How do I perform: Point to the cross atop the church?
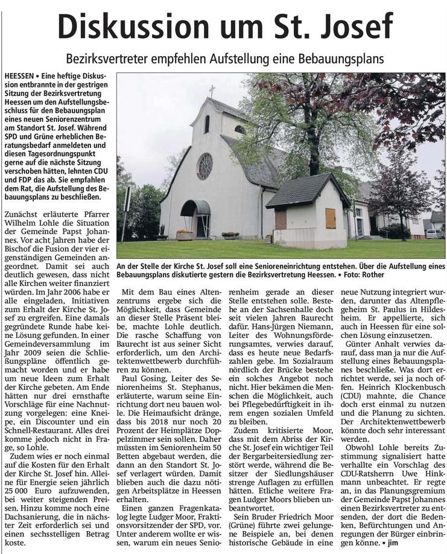click(x=212, y=91)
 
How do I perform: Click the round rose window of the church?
click(x=205, y=166)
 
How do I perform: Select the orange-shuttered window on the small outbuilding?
click(x=330, y=218)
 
